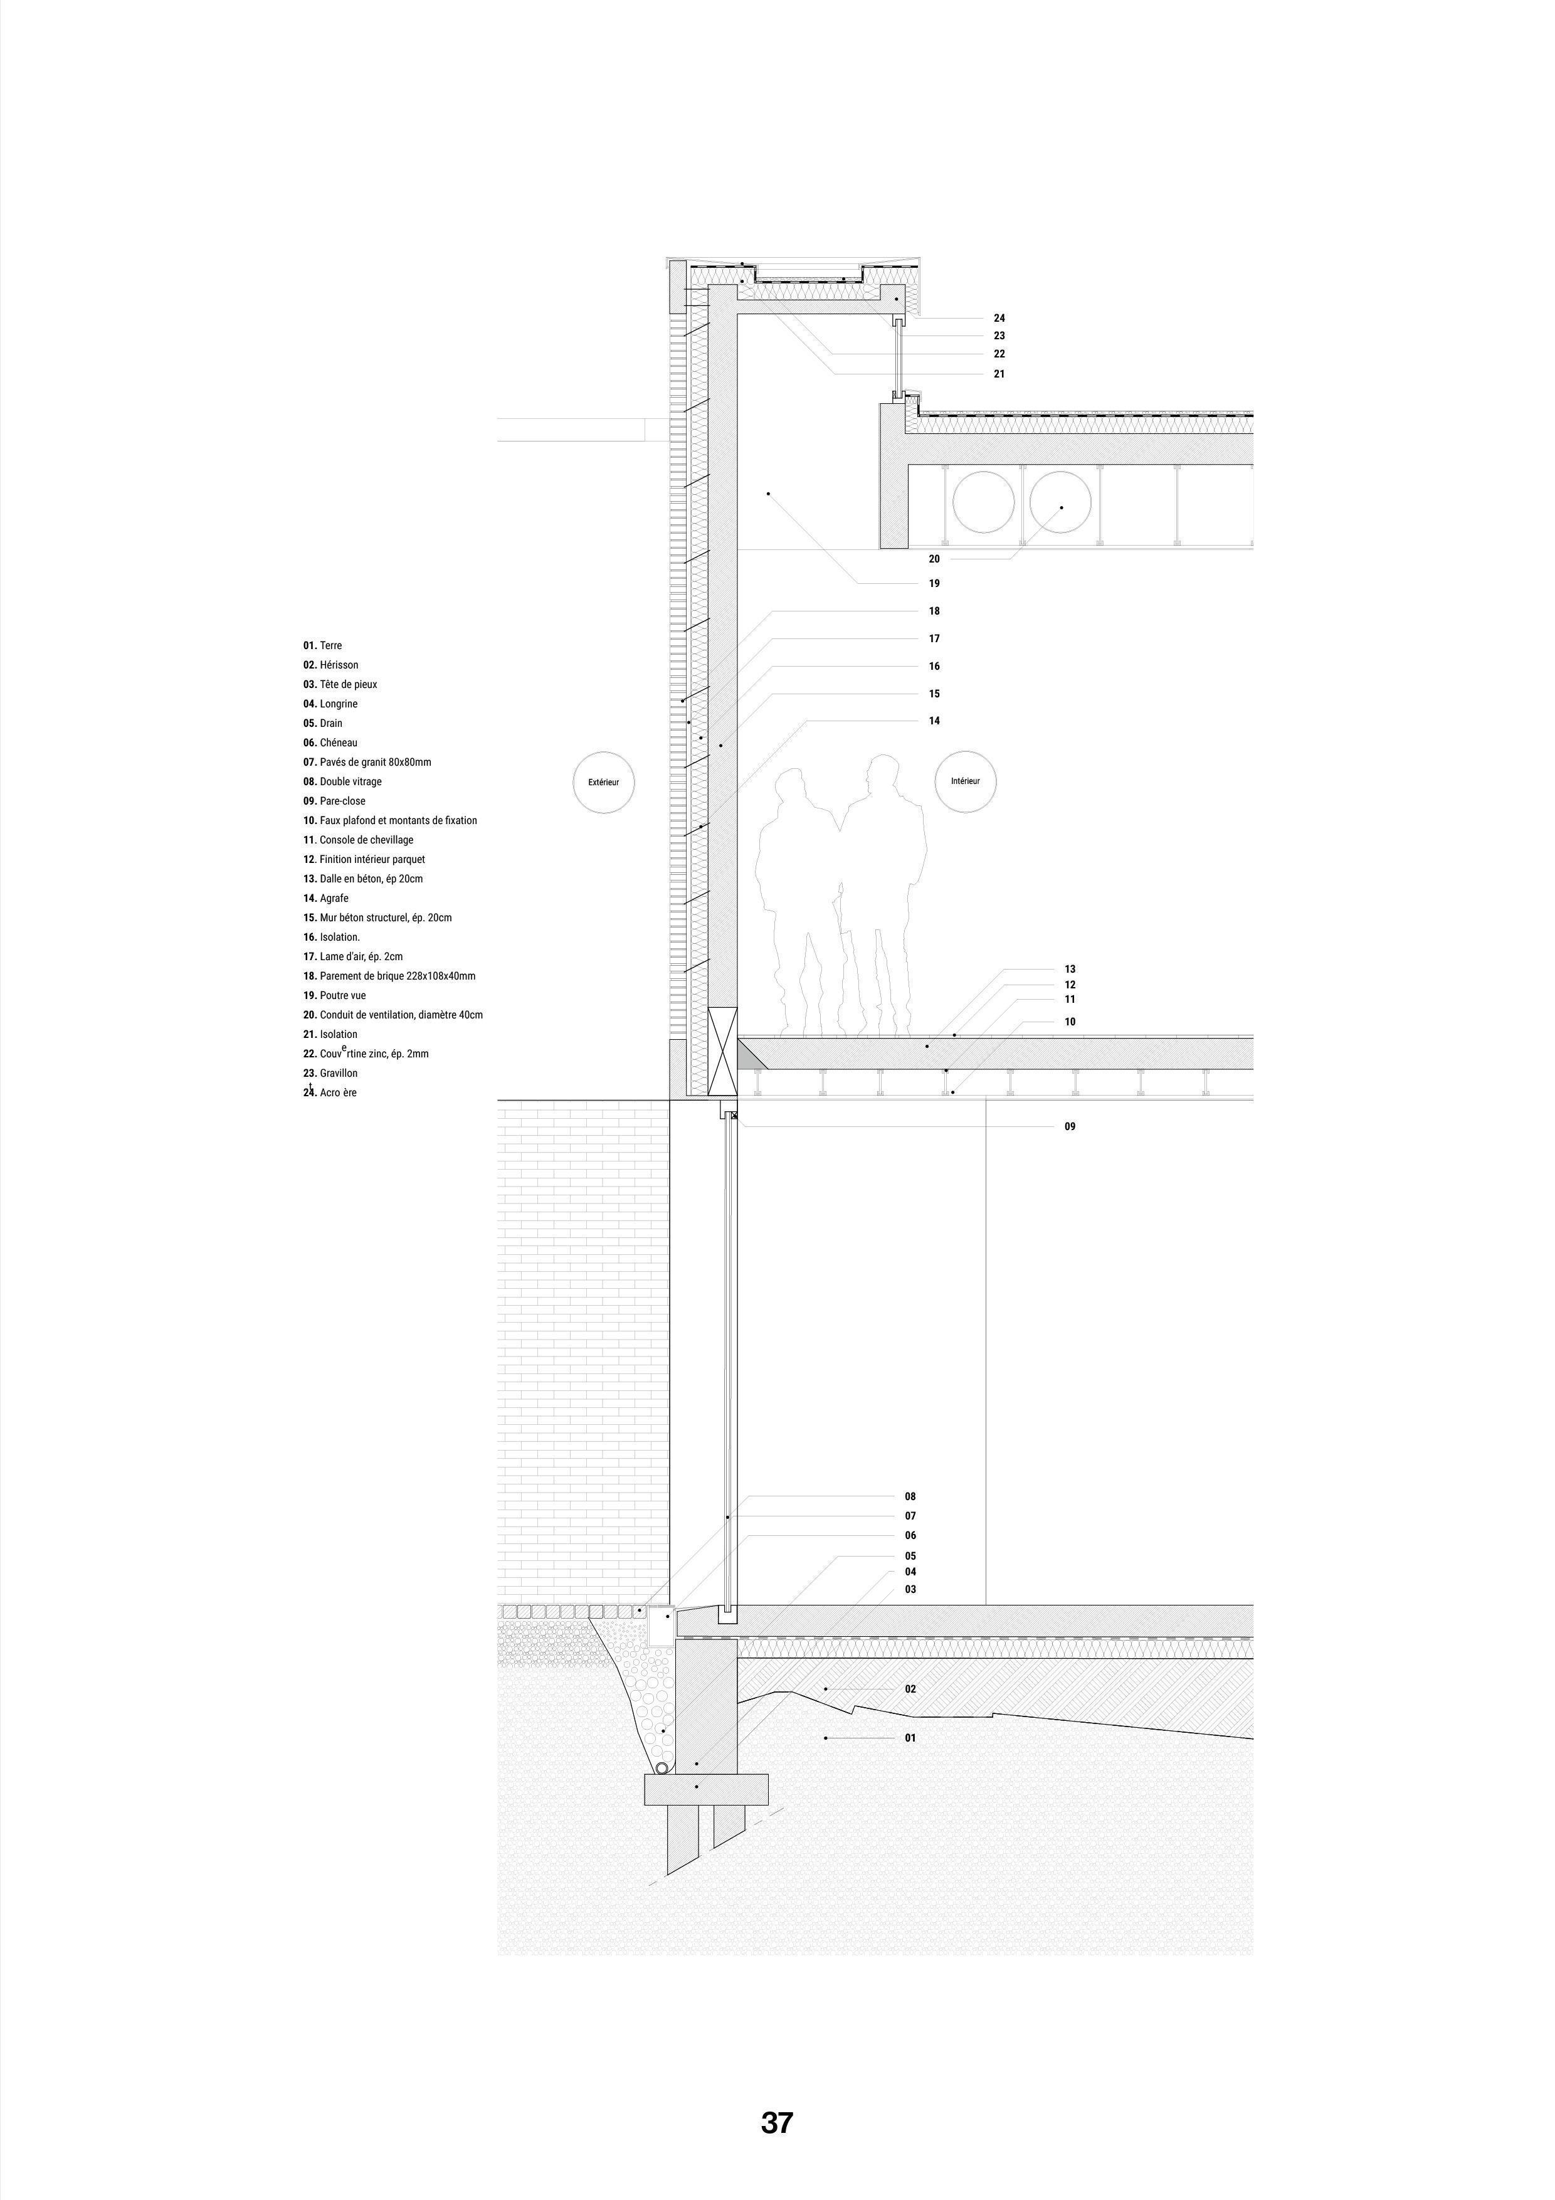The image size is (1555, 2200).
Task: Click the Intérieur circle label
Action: tap(965, 781)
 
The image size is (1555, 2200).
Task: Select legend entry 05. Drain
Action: tap(323, 724)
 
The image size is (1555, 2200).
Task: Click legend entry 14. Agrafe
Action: tap(326, 898)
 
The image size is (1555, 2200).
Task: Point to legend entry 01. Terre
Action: tap(323, 646)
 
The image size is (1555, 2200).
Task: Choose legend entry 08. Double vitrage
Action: tap(342, 782)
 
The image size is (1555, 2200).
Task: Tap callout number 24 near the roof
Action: tap(999, 318)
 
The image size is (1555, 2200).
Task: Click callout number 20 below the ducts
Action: tap(934, 559)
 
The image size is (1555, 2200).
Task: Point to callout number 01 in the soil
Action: tap(910, 1737)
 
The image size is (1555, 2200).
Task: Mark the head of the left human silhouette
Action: tap(791, 788)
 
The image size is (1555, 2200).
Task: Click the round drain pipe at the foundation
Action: tap(663, 1766)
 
